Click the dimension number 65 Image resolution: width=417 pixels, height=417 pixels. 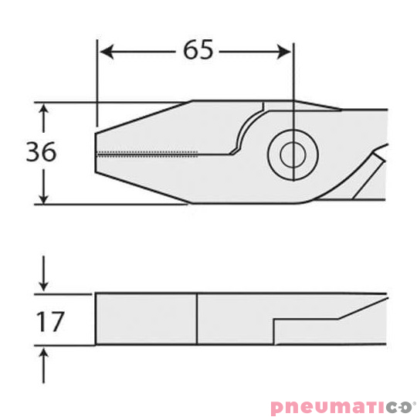[198, 49]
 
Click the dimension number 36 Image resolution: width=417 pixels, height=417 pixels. [41, 151]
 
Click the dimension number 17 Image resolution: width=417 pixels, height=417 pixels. [50, 322]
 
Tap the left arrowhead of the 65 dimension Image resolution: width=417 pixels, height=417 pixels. [107, 52]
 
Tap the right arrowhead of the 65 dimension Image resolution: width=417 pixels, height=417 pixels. [283, 52]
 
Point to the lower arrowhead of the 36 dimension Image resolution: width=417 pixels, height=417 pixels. [43, 198]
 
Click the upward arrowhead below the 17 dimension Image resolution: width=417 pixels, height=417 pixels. [43, 354]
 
